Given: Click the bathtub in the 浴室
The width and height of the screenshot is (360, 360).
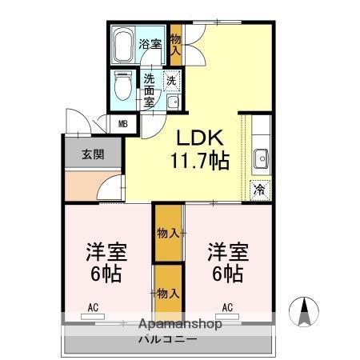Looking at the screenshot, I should pos(123,47).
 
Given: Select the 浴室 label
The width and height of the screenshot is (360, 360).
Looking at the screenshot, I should pos(150,44).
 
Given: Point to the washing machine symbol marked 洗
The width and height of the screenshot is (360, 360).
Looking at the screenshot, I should pos(172,80).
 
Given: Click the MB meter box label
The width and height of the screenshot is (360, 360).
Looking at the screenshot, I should pos(123,123).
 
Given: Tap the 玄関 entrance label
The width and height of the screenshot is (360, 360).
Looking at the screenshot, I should pos(91,155).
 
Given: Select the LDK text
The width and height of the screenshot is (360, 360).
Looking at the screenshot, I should pos(198,137).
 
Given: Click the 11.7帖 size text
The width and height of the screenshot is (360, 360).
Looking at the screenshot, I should pos(198,161).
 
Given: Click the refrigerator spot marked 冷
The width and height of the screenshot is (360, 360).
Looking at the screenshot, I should pos(259,190).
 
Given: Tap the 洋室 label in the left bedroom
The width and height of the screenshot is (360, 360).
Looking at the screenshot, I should pos(106,251).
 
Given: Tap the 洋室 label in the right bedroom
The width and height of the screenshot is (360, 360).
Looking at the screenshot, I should pos(228,251).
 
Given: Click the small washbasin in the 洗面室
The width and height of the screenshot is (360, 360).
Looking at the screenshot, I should pos(172,101).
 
